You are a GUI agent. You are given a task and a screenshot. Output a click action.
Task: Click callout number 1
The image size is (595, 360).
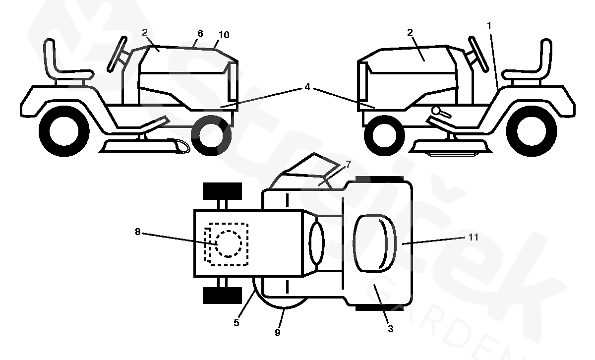tap(489, 25)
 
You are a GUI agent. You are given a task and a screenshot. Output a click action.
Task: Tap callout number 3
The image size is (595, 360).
tap(391, 328)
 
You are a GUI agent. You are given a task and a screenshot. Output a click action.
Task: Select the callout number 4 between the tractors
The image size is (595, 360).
tap(307, 87)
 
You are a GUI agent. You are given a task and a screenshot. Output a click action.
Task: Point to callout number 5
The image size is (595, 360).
tap(237, 323)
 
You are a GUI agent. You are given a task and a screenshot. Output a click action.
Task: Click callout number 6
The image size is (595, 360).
tap(200, 33)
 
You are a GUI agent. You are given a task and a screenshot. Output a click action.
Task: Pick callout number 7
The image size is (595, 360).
tap(348, 165)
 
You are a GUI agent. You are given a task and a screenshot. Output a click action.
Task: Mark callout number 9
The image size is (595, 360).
tap(277, 333)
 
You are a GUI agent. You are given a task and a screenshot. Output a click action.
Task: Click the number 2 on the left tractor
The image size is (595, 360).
tap(144, 32)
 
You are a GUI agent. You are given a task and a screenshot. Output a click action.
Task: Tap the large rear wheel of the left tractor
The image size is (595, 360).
tap(64, 132)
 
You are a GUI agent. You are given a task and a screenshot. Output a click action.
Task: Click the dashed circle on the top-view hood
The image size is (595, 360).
tap(229, 243)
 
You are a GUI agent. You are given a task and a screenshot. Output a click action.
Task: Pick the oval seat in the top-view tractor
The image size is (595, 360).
tap(374, 243)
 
